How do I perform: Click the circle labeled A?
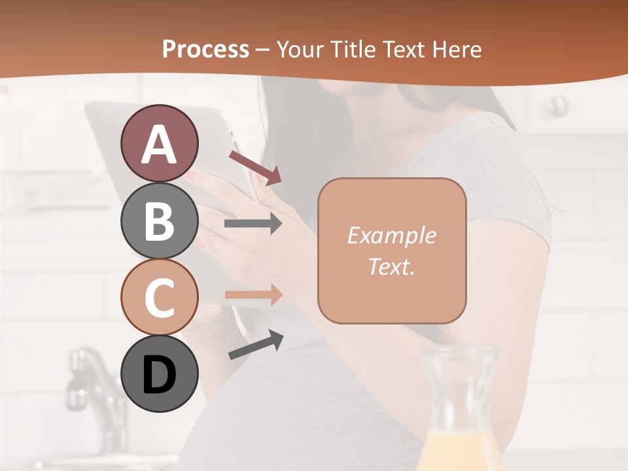159,143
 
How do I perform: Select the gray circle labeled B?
159,220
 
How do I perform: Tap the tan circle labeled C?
159,297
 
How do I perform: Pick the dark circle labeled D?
159,374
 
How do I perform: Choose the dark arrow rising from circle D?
256,345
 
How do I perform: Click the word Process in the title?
205,49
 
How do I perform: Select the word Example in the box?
391,235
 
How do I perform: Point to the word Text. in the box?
391,266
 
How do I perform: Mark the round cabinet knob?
558,105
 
